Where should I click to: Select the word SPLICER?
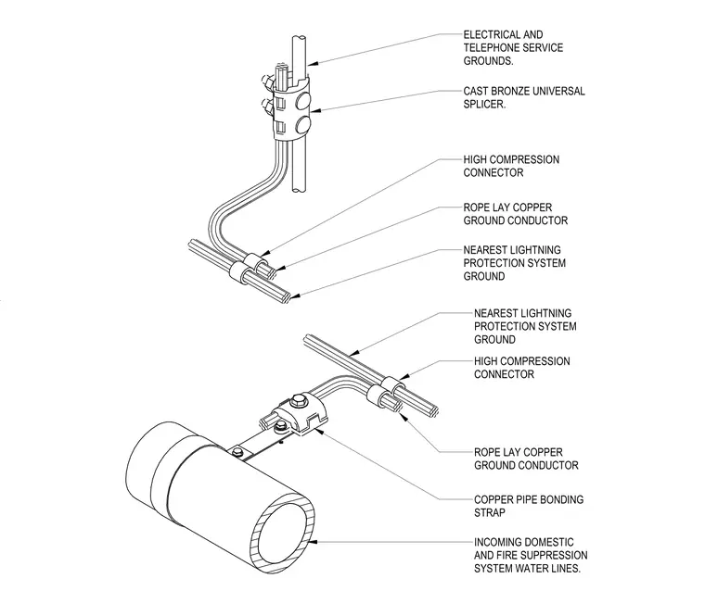pyautogui.click(x=484, y=104)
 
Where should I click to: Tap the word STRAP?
pyautogui.click(x=489, y=512)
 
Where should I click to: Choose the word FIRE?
pyautogui.click(x=507, y=555)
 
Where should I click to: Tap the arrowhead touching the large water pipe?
pyautogui.click(x=314, y=542)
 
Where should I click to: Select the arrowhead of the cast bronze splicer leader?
pyautogui.click(x=314, y=111)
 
